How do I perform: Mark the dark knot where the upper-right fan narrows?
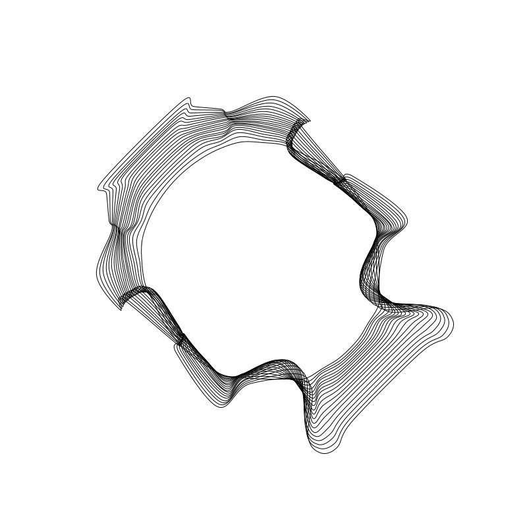pos(340,179)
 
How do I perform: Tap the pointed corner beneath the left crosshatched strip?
pos(121,308)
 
